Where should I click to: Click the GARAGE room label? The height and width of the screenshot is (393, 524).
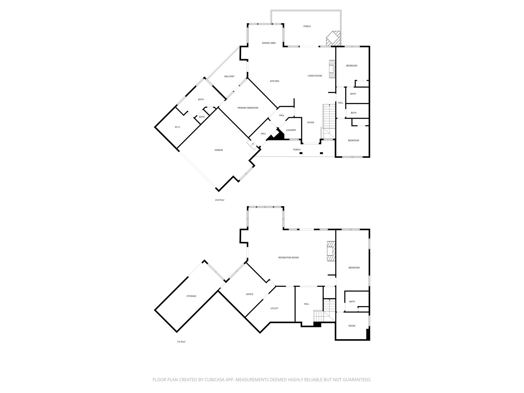[x=219, y=150]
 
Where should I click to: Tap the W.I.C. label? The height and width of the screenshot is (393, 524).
[x=178, y=127]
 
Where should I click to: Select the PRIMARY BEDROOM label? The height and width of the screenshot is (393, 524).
[x=248, y=108]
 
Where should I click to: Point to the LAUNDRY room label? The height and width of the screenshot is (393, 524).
[x=291, y=130]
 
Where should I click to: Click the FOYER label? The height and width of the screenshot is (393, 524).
[x=310, y=123]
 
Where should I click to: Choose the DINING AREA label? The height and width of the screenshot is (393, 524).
[x=269, y=43]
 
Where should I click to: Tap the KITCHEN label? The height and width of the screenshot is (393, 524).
[x=275, y=81]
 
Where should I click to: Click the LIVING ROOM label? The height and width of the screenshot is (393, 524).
[x=315, y=76]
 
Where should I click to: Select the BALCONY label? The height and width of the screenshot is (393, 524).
[x=229, y=77]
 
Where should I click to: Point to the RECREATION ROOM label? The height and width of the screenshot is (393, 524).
[x=288, y=258]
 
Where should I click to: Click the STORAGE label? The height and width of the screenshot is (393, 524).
[x=191, y=296]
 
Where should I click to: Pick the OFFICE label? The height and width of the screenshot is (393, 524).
[x=249, y=294]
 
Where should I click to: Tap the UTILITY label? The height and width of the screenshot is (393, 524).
[x=274, y=308]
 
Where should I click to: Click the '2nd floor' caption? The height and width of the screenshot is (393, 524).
[x=220, y=200]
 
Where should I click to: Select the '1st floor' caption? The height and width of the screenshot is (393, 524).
[x=181, y=342]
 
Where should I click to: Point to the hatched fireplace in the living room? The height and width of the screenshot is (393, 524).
[x=332, y=69]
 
